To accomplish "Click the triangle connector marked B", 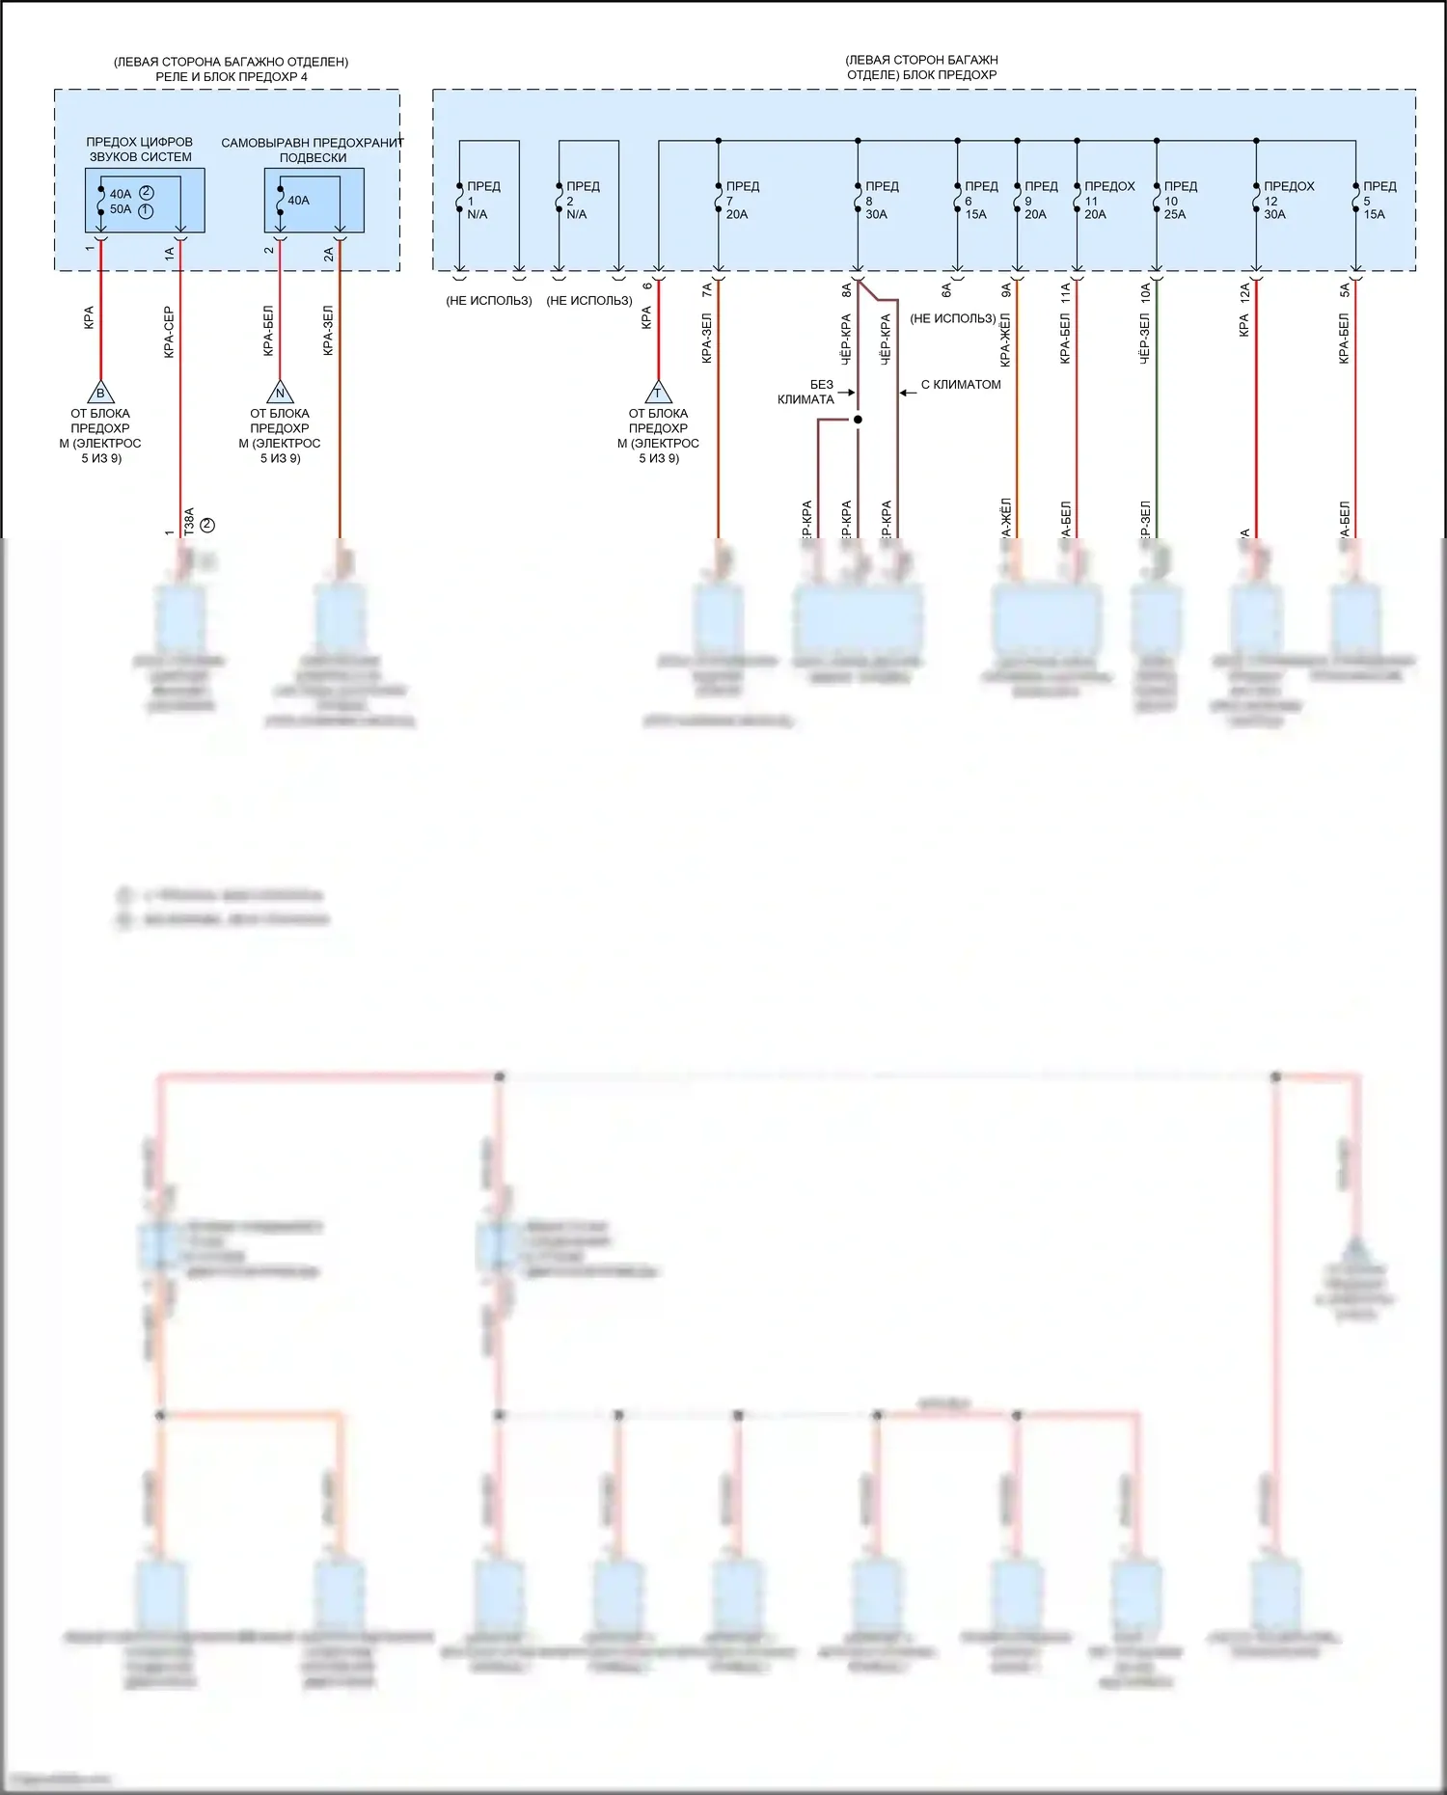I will tap(100, 393).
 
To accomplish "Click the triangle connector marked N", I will tap(280, 393).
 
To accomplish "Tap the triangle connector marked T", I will tap(658, 393).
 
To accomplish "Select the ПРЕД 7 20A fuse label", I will tap(741, 200).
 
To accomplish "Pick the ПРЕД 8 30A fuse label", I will tap(880, 200).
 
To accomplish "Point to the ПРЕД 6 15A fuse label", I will tap(980, 200).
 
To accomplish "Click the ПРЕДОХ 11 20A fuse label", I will tap(1107, 200).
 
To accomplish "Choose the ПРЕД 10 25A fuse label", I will tap(1179, 200).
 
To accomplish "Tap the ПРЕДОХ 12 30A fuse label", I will tap(1288, 200).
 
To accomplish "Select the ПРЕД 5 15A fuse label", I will tap(1379, 200).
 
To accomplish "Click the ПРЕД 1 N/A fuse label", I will tap(482, 200).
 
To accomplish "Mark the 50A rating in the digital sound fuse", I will tap(121, 209).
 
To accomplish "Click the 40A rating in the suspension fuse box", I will tap(299, 201).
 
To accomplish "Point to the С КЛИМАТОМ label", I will tap(961, 384).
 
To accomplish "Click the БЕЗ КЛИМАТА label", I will tap(808, 392).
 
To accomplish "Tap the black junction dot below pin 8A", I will tap(858, 420).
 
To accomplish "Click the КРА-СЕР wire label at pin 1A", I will tap(169, 333).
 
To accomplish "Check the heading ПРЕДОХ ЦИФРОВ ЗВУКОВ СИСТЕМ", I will tap(140, 150).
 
